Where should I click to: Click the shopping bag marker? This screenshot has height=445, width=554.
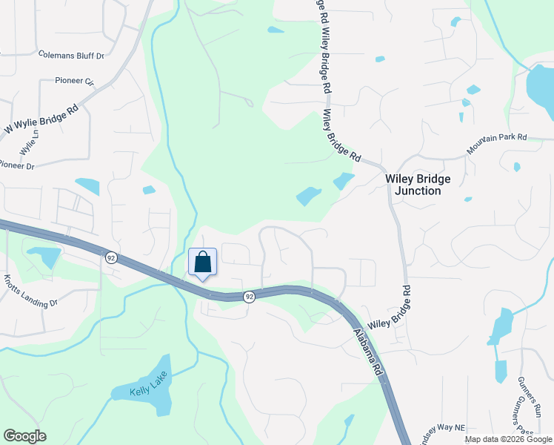point(202,263)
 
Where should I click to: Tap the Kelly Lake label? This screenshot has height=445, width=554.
point(141,390)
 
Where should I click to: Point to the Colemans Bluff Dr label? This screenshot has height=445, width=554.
point(71,55)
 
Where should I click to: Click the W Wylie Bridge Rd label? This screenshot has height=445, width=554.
point(41,119)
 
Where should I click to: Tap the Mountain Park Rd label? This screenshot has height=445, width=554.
point(496,144)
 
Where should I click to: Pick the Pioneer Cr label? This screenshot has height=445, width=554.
point(74,81)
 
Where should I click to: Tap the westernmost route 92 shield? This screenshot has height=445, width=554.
point(110,257)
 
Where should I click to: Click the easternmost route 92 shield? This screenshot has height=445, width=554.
point(250,297)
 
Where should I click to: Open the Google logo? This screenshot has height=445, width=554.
point(24,436)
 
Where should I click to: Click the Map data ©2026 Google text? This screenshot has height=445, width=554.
point(507,439)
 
